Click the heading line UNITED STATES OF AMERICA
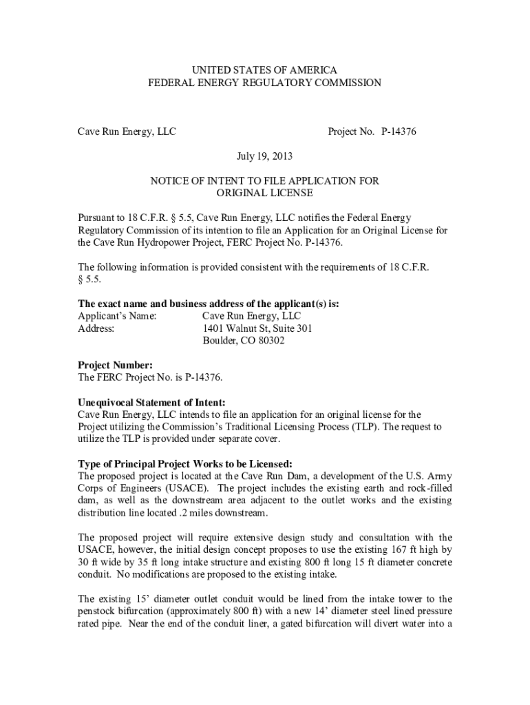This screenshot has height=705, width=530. tap(264, 70)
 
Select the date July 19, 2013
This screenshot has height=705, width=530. tap(264, 156)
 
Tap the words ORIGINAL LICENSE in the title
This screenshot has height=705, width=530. tap(264, 193)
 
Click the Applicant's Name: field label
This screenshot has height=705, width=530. tap(116, 315)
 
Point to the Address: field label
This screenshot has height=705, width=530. tap(96, 328)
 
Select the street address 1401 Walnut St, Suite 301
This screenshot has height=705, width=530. tap(257, 328)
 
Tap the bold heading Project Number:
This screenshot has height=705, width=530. tap(115, 366)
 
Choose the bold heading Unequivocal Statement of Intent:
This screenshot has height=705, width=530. tap(151, 402)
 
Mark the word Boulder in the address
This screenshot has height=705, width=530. tap(219, 340)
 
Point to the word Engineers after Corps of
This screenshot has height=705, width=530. tap(133, 488)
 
